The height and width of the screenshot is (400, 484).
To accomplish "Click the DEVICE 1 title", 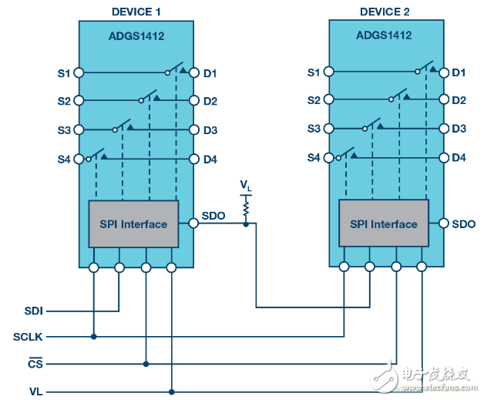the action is point(136,12).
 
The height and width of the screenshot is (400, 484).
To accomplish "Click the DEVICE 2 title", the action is point(385,12).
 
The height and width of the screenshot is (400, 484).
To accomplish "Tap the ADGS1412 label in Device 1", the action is point(136,36).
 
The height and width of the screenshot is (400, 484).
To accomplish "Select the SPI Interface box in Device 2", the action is point(384,224).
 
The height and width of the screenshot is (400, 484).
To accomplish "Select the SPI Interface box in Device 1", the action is point(133,224).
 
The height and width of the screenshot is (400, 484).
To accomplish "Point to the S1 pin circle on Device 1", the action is point(79,73).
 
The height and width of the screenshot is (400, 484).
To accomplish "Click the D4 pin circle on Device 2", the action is point(444,158).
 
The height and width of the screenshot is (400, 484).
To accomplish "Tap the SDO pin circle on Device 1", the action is point(193,223).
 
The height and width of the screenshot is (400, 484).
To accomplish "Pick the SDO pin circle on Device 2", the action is point(444,223).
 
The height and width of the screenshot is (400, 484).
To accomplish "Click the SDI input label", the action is point(34,311).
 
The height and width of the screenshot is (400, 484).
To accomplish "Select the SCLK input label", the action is point(28,337).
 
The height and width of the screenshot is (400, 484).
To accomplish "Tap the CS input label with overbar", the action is point(35,363).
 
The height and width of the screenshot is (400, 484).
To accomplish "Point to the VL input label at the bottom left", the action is point(35,392).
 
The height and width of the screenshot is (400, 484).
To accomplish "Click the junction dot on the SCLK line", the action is point(94,337).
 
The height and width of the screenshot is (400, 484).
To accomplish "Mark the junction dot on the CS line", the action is point(146,365).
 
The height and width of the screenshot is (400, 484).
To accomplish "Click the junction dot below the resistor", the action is point(246,224).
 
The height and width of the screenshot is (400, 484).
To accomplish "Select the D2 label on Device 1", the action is point(210,101).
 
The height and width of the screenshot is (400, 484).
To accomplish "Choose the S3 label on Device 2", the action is point(314,129).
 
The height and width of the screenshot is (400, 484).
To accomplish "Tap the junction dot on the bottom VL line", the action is point(172,392).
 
